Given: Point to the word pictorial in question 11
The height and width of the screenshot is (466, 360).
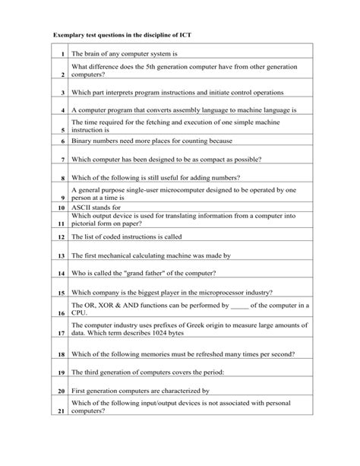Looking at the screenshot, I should point(86,225).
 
